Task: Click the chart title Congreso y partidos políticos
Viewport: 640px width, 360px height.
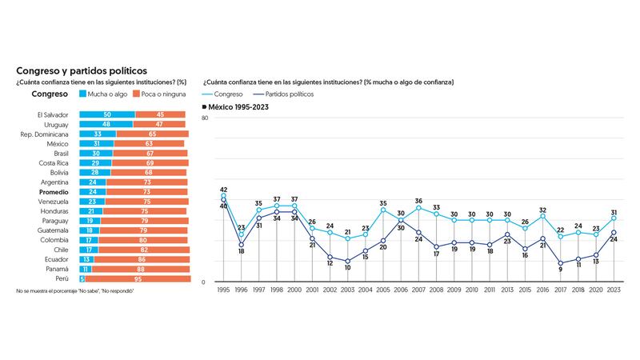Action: [81, 70]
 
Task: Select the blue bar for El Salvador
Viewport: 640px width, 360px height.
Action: [106, 114]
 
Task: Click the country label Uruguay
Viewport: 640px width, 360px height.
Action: [54, 124]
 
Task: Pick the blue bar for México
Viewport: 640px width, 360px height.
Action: [96, 143]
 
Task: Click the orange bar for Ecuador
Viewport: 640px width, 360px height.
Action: [142, 259]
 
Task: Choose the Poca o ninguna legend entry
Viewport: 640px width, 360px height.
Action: [163, 94]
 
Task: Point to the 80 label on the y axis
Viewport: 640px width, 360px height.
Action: [206, 118]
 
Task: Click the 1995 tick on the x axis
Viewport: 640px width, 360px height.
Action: [223, 290]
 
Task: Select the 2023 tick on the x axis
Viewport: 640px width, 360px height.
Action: [613, 290]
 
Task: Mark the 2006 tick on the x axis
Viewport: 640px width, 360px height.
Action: [401, 290]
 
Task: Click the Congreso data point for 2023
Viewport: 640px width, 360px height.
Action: [613, 218]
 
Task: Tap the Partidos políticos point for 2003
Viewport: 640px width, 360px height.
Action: [347, 261]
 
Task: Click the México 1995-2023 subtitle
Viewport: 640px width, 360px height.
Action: [239, 106]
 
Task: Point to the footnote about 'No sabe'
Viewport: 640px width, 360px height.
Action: [74, 291]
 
